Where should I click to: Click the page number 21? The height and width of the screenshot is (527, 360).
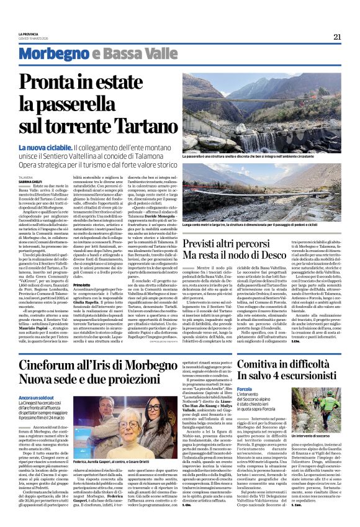pyautogui.click(x=337, y=37)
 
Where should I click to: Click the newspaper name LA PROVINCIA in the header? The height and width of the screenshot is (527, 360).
pyautogui.click(x=29, y=34)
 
